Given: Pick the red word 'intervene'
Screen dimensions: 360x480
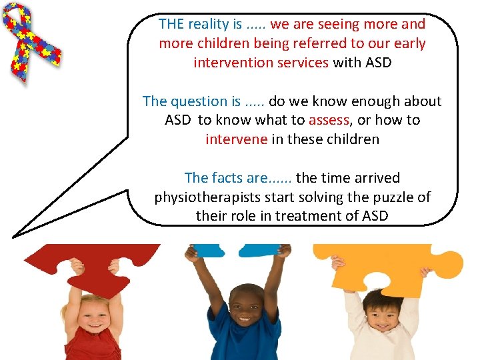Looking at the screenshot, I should [x=236, y=140].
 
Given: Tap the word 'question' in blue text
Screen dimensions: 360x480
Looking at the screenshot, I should [x=199, y=101].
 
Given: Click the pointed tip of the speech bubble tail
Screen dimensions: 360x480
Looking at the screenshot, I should [x=14, y=235].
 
